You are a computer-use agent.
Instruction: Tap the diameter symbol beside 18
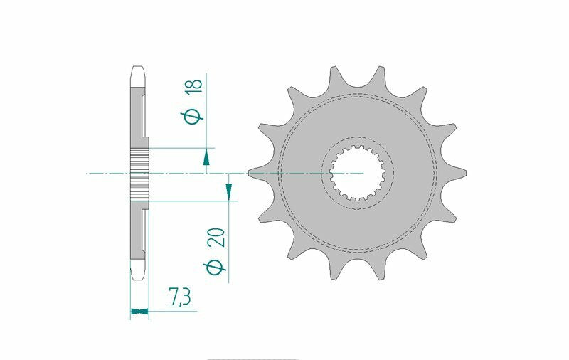pyautogui.click(x=193, y=115)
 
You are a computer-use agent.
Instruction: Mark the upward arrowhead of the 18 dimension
pyautogui.click(x=206, y=157)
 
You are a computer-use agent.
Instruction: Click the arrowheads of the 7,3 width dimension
pyautogui.click(x=139, y=310)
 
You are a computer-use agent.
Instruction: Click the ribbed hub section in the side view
pyautogui.click(x=139, y=173)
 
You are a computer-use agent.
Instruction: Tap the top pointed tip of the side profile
pyautogui.click(x=139, y=69)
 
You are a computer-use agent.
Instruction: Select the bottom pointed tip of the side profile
pyautogui.click(x=139, y=276)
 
